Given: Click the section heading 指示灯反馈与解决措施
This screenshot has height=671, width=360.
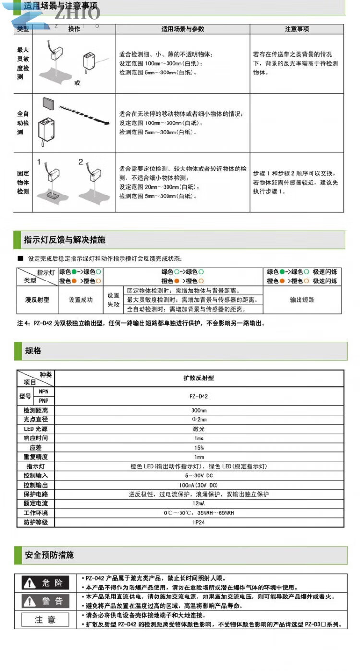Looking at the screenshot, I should click(x=64, y=240).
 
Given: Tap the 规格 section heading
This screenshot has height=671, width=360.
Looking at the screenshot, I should click(x=33, y=351).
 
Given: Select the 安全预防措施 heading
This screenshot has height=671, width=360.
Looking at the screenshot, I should click(x=49, y=555).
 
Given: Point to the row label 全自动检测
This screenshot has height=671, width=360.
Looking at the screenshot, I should click(x=23, y=123).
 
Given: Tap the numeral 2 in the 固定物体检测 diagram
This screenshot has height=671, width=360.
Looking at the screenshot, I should click(x=81, y=162).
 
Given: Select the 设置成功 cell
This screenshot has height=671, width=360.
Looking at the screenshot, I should click(x=81, y=300).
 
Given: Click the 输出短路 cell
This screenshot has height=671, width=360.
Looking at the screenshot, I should click(x=302, y=300).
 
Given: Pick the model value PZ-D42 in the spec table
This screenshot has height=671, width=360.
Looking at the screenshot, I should click(x=199, y=396).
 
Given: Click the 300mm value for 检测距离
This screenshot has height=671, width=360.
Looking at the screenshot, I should click(x=199, y=411).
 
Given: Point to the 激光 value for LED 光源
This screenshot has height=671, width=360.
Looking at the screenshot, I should click(x=199, y=429).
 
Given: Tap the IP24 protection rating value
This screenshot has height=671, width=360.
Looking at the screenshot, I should click(x=199, y=522).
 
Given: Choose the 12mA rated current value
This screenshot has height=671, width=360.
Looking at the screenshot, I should click(x=199, y=503).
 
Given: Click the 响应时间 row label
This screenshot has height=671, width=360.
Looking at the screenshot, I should click(x=36, y=439).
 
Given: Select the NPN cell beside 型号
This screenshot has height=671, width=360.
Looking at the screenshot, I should click(x=44, y=391).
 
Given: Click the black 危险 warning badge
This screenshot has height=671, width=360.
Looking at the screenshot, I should click(x=46, y=583).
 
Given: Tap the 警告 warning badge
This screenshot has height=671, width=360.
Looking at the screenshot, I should click(x=46, y=601).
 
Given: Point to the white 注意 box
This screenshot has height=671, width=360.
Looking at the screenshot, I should click(x=46, y=620).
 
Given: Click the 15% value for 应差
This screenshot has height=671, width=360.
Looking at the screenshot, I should click(x=199, y=448).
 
